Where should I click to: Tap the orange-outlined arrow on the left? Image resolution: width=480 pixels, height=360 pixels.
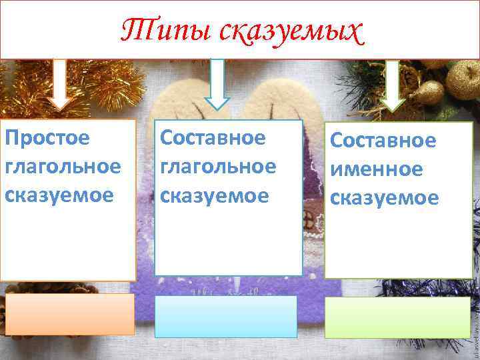click(x=61, y=85)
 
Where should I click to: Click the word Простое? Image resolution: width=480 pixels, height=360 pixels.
click(x=47, y=139)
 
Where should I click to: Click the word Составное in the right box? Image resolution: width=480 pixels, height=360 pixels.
click(x=383, y=141)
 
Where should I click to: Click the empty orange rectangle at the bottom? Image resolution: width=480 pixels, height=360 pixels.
click(x=71, y=315)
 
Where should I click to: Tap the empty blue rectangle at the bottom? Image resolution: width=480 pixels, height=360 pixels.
click(x=226, y=317)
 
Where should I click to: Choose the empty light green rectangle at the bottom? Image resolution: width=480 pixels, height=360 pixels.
click(x=397, y=317)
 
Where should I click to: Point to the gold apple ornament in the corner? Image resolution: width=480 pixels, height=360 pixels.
click(x=463, y=79)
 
